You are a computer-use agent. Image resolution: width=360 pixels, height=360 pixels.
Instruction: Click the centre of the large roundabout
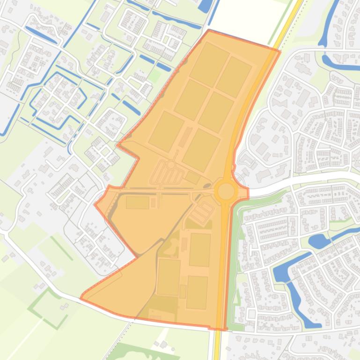pos(226,191)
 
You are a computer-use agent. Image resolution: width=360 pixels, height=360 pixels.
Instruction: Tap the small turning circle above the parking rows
pos(171,165)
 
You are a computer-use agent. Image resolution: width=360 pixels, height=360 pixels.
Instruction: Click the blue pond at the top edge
pos(205,6)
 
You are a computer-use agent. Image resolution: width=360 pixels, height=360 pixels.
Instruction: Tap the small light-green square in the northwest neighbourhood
pos(154,76)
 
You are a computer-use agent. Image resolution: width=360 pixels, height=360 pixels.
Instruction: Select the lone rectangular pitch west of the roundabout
pos(137,202)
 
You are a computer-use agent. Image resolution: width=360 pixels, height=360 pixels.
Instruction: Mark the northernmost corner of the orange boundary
pos(209,30)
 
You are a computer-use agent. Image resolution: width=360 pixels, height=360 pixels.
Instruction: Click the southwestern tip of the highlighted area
pos(81,297)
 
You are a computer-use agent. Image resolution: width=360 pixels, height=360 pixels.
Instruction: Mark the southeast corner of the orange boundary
pos(224,329)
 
